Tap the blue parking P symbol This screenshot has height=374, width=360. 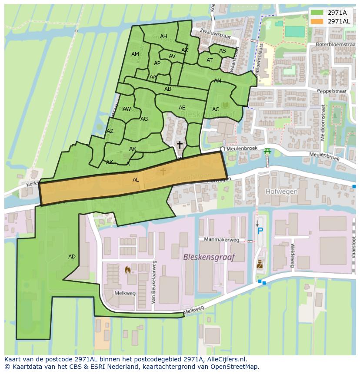[260, 231]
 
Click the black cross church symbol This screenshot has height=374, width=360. [179, 145]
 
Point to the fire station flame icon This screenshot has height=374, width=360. [127, 270]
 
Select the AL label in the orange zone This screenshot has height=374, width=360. [136, 180]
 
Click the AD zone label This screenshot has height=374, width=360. [72, 257]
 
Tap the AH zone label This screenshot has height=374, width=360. [163, 36]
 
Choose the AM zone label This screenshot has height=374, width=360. [135, 54]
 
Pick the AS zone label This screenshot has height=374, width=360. [223, 51]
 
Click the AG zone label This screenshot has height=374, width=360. [144, 119]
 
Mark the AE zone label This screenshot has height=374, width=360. [182, 108]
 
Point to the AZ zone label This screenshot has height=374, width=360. [110, 131]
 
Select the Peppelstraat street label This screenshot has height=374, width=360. [331, 92]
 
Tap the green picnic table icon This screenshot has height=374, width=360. [267, 151]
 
